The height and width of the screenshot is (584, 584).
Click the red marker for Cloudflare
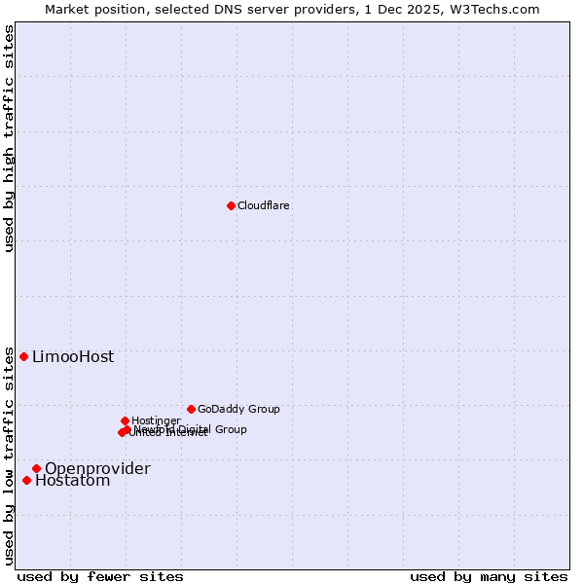pos(231,205)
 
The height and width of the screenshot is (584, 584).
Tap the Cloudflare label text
pos(264,205)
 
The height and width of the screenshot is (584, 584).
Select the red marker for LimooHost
pos(24,356)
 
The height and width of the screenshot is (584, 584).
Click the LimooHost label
pos(73,356)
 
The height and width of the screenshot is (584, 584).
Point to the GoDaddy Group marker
pos(191,409)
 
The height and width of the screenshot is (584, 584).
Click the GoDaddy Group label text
pos(238,409)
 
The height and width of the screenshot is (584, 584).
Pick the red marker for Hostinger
pos(125,420)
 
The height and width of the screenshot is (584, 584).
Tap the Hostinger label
pos(156,420)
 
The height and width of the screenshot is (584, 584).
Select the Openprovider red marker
pos(36,468)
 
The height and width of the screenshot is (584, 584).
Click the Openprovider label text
pos(97,468)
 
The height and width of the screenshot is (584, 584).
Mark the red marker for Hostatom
pos(26,480)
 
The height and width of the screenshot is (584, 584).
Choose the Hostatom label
pos(73,480)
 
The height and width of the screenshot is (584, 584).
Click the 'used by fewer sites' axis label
pos(100,576)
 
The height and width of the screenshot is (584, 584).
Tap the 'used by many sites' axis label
pos(488,576)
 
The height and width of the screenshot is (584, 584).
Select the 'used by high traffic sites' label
pos(9,138)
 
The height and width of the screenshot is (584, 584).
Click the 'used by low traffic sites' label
pos(9,456)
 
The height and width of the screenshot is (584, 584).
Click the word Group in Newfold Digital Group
pos(231,429)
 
